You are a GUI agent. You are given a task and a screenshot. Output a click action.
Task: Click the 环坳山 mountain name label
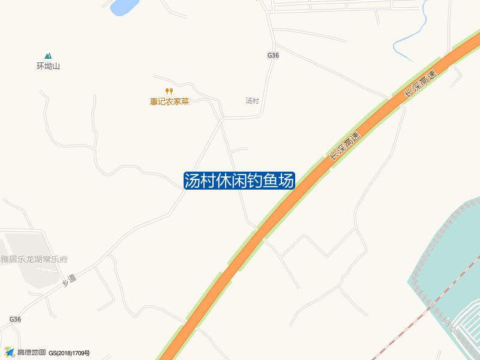click(48, 66)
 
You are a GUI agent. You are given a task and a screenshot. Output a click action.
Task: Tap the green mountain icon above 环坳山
click(48, 55)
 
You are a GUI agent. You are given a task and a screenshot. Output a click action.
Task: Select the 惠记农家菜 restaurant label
click(169, 101)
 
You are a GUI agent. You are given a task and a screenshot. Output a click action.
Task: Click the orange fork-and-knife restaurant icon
click(169, 91)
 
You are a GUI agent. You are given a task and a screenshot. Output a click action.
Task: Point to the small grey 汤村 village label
click(252, 101)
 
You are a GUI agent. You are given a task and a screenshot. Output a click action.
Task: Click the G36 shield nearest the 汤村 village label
click(273, 55)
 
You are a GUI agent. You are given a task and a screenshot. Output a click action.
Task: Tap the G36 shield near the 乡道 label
click(15, 320)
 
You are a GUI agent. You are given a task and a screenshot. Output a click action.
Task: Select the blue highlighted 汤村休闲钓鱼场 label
click(239, 181)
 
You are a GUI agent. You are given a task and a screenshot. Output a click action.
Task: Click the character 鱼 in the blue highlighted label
click(270, 181)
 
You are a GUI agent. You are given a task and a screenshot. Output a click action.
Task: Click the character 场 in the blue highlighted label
click(286, 181)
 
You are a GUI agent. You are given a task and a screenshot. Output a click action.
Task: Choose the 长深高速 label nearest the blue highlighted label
click(344, 146)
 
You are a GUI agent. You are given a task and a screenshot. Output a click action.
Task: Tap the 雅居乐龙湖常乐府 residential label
click(34, 260)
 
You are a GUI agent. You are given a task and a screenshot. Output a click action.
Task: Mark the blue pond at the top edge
click(124, 6)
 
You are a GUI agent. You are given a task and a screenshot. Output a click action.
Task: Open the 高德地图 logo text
click(31, 353)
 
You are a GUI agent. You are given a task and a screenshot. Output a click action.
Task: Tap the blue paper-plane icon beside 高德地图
click(9, 352)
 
